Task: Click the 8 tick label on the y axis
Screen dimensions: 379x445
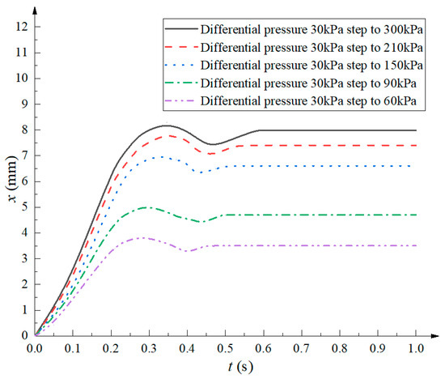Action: click(24, 130)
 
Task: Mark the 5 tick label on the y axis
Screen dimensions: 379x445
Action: click(24, 207)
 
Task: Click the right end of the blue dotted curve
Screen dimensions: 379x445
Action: click(415, 166)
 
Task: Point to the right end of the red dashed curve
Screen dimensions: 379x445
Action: click(415, 145)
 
